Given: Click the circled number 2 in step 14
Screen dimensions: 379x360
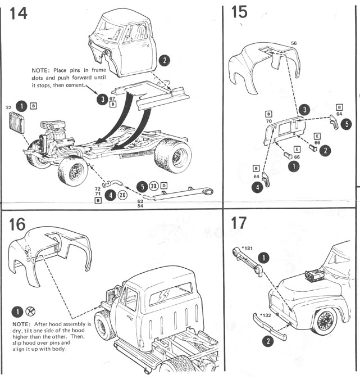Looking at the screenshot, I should coord(164,60).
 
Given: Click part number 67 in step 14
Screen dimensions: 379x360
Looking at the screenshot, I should coord(113,98).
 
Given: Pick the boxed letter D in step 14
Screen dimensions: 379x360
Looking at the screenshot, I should coord(163,186).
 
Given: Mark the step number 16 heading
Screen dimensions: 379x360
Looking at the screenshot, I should coord(19,224).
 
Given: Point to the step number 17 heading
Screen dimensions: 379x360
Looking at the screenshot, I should coord(238,223).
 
